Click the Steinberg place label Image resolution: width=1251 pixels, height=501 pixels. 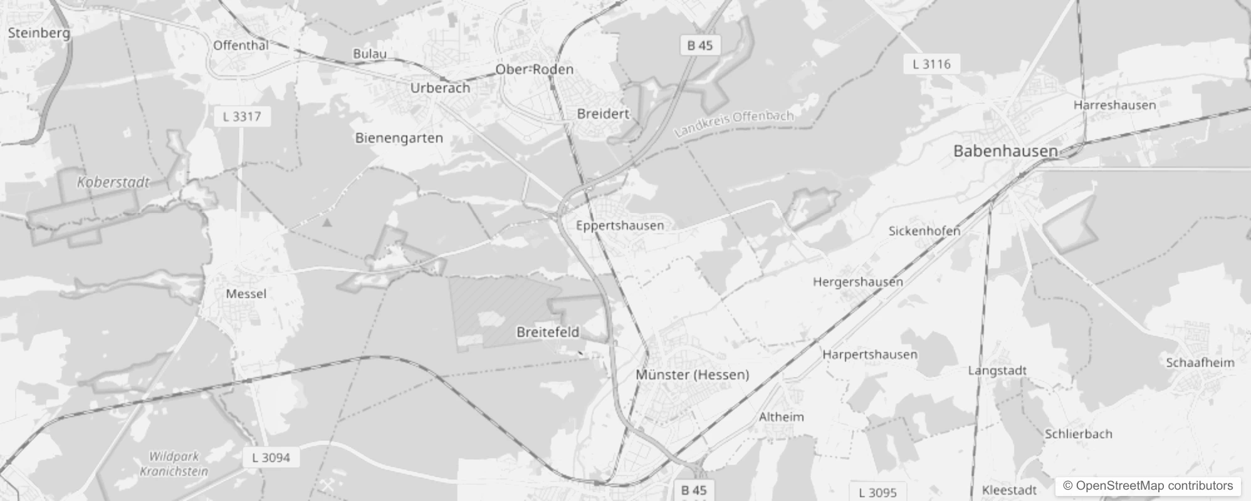(x=39, y=33)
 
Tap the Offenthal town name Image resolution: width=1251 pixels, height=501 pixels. (x=241, y=45)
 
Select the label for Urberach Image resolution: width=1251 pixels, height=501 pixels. (x=440, y=88)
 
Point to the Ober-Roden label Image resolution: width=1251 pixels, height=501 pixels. (x=535, y=69)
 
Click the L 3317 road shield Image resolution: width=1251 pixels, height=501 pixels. (x=243, y=116)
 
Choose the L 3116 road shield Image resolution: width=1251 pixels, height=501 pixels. (x=931, y=64)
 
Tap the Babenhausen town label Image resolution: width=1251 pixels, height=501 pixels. (x=1005, y=150)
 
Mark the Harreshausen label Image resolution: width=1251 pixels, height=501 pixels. (x=1114, y=105)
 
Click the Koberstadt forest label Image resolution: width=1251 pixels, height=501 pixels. (x=113, y=182)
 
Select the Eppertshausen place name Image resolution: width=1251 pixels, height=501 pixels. (x=620, y=225)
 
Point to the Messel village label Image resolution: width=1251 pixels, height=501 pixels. (x=246, y=294)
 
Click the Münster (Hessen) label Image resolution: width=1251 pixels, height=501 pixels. (x=693, y=374)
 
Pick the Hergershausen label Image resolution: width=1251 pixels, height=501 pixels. (x=858, y=282)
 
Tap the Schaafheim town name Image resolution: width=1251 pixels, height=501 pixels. (x=1200, y=363)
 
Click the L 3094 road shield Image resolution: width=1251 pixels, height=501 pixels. (x=271, y=458)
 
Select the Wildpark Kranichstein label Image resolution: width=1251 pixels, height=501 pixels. (x=174, y=464)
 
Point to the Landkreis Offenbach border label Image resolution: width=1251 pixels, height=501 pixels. (x=735, y=123)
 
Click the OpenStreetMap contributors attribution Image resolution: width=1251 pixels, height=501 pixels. (x=1148, y=486)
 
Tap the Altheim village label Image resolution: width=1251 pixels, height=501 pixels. (x=781, y=416)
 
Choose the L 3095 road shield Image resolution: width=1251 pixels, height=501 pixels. (x=878, y=492)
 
